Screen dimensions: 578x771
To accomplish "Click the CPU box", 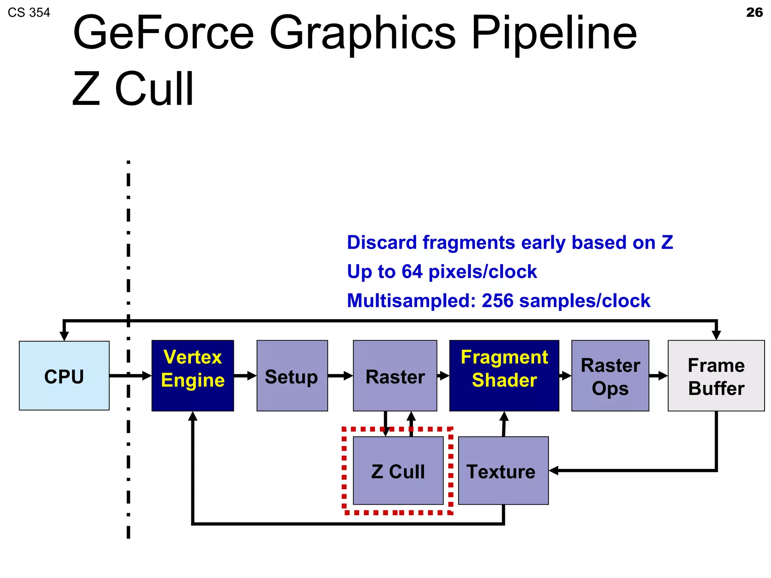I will tap(64, 376).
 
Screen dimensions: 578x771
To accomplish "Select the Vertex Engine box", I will tap(193, 376).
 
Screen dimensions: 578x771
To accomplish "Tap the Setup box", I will tap(292, 376).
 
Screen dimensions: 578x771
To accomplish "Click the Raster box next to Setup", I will tap(395, 376).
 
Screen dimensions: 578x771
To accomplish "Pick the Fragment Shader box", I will tap(504, 376).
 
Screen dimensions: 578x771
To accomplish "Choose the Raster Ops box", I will tap(610, 376).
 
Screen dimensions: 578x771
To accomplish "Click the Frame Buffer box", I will tap(716, 376).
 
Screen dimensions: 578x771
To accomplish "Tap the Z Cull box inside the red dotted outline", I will tap(398, 471).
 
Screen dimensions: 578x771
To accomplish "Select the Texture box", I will tap(503, 471).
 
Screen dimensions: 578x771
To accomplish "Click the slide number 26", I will tap(754, 12).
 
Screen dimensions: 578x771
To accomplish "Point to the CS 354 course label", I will tap(29, 13).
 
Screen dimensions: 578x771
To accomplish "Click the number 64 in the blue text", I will tap(412, 272).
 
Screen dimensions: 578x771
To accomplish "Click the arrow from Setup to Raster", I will tap(340, 376).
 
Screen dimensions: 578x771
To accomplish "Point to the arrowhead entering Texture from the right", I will tap(553, 470).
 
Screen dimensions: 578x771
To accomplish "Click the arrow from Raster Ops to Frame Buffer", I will tap(658, 376).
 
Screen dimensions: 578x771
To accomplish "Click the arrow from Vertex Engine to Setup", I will tap(245, 376).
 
